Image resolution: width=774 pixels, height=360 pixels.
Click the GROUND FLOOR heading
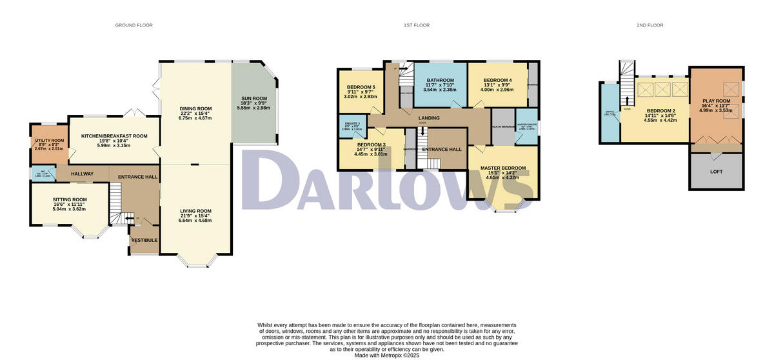pos(134,25)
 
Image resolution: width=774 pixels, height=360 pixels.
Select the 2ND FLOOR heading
pos(650,25)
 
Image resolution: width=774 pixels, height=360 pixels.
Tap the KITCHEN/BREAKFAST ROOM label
pos(114,136)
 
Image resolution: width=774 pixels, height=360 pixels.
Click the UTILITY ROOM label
pos(48,140)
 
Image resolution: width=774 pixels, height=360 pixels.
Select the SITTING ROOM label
pos(70,200)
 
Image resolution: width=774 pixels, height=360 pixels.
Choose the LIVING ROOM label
pos(195,211)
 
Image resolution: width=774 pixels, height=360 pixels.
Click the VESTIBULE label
pos(144,240)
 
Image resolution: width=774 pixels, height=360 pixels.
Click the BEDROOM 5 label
pos(361,87)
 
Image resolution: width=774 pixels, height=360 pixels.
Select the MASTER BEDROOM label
pos(502,168)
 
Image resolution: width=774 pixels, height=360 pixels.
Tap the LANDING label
pos(429,118)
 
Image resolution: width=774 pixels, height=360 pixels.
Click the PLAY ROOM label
pos(716,101)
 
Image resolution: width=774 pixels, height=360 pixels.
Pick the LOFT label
pos(716,172)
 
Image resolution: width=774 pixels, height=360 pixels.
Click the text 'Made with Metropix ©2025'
pos(387,354)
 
